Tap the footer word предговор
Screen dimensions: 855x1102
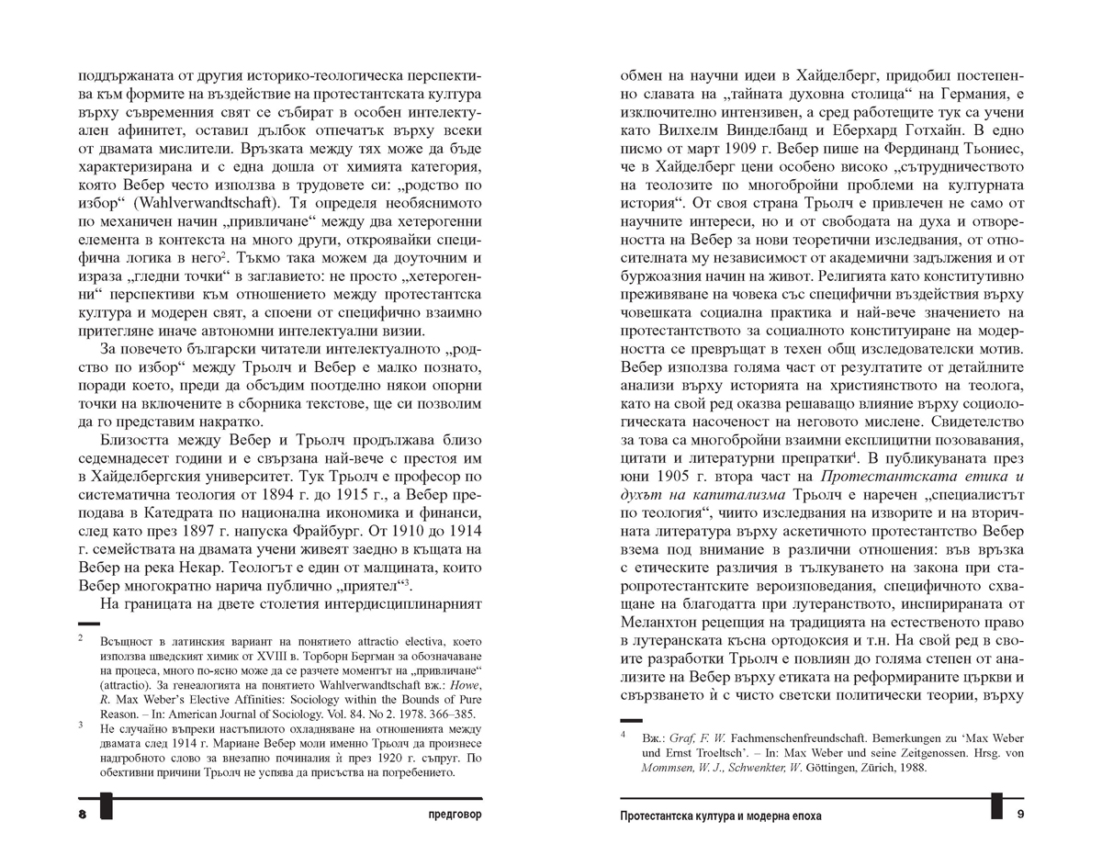tap(449, 816)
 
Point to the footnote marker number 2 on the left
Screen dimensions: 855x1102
tap(82, 636)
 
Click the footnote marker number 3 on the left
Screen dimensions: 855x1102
tap(82, 725)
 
